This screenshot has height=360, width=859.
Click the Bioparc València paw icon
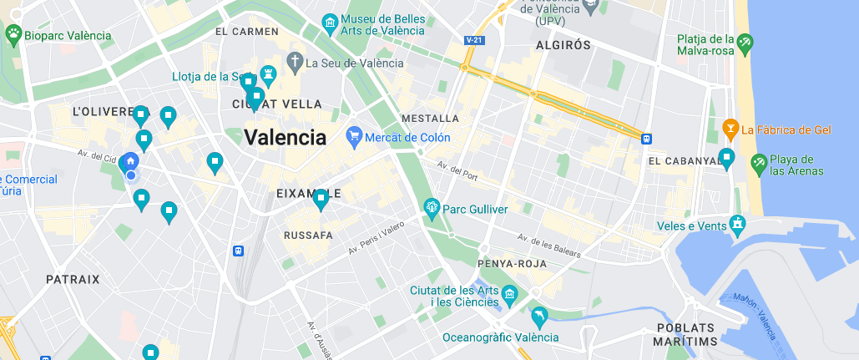13,34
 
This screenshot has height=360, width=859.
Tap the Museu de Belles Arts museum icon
331,22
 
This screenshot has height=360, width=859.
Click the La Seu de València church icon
294,61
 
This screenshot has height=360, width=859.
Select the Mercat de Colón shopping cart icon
354,135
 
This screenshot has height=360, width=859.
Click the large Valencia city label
285,138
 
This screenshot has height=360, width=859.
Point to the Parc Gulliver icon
432,207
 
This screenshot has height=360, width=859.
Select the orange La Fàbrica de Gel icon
730,129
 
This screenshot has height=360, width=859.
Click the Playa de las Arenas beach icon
759,161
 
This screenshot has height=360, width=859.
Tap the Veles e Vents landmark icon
736,224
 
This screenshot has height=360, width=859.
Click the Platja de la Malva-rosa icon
745,40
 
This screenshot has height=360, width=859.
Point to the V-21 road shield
474,39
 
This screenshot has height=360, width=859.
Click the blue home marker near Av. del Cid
130,161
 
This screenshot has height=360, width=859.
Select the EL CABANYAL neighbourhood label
684,160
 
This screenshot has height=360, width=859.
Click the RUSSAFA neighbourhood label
308,236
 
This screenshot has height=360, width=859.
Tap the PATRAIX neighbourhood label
73,280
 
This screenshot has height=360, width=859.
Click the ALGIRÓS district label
563,45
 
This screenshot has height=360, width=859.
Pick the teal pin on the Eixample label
321,200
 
